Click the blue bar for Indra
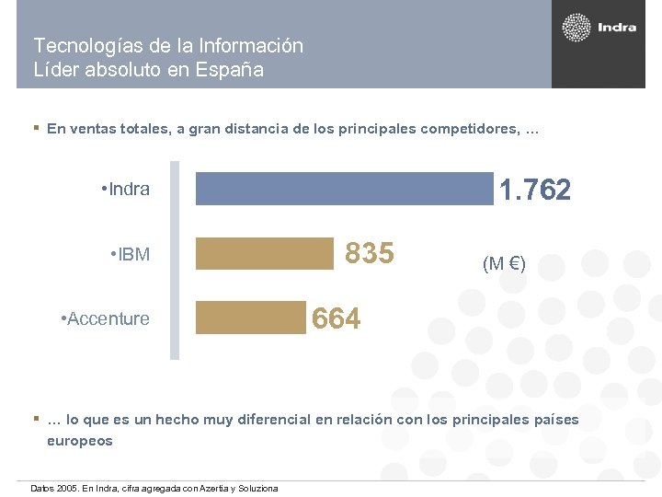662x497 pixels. (x=344, y=189)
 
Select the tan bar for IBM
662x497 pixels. (x=265, y=253)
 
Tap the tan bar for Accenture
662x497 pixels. (x=250, y=318)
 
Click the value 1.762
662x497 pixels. (x=534, y=191)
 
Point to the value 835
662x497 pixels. (x=369, y=253)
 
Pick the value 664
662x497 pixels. (x=337, y=318)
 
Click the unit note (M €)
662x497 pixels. (x=504, y=264)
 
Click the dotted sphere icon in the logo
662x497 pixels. (x=576, y=28)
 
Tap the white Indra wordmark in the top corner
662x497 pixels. (x=617, y=28)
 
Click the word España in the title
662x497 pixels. (x=231, y=69)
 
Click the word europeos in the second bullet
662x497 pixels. (x=80, y=441)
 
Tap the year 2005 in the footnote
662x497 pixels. (x=66, y=488)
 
